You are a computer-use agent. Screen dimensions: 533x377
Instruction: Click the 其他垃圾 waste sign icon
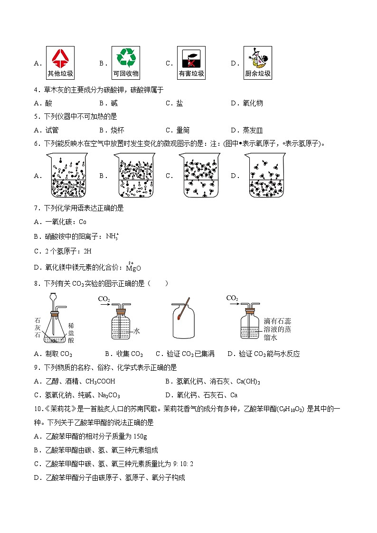(60, 63)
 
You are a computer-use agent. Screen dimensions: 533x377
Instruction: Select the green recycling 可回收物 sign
(126, 63)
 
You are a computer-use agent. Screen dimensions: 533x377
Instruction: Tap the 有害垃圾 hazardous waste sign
(191, 63)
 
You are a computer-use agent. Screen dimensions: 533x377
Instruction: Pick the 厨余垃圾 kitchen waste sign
(257, 63)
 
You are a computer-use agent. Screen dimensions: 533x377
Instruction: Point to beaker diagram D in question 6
(264, 176)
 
